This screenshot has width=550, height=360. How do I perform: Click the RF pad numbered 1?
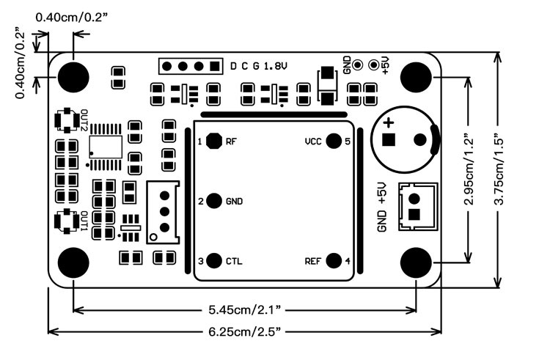214,141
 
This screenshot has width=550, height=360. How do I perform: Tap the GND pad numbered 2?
214,201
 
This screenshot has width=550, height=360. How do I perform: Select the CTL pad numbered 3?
214,260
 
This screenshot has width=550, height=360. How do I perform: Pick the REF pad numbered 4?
334,260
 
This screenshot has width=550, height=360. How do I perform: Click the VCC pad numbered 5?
334,141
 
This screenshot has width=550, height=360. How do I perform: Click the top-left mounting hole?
73,76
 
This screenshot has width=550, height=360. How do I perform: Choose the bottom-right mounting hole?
417,262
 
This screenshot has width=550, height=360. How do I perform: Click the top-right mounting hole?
417,76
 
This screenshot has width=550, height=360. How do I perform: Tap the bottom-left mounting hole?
73,262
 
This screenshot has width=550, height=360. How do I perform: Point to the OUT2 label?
84,120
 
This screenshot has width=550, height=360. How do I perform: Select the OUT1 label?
84,221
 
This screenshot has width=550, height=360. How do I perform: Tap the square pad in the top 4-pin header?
214,66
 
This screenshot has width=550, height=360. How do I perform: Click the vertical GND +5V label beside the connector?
381,207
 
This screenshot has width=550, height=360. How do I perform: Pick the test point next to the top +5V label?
373,65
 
